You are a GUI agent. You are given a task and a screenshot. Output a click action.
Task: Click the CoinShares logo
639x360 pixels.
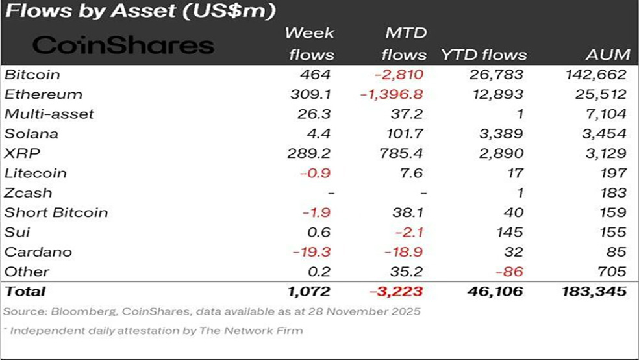[x=123, y=45]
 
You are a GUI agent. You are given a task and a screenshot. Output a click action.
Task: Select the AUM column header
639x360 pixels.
[x=608, y=55]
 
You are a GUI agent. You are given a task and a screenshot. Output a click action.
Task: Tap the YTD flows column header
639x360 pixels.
[x=484, y=55]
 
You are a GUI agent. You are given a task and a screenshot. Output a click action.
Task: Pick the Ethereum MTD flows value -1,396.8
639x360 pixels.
[x=391, y=94]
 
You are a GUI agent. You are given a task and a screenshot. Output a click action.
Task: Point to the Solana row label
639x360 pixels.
[x=31, y=134]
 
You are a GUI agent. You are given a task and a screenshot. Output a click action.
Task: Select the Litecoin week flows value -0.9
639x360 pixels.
[x=317, y=174]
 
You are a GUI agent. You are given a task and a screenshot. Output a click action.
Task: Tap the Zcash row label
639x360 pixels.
[x=28, y=193]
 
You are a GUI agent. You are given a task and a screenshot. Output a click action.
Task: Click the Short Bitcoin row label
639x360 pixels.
[x=56, y=212]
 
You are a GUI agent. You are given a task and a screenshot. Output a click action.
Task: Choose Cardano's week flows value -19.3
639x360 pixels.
[x=313, y=252]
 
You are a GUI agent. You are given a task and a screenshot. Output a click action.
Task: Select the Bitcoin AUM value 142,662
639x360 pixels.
[x=596, y=75]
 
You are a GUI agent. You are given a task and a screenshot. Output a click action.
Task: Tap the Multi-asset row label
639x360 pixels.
[x=49, y=114]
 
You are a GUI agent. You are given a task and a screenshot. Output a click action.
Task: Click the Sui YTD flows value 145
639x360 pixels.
[x=510, y=232]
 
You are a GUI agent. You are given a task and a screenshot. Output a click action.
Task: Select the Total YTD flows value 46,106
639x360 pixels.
[x=495, y=292]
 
